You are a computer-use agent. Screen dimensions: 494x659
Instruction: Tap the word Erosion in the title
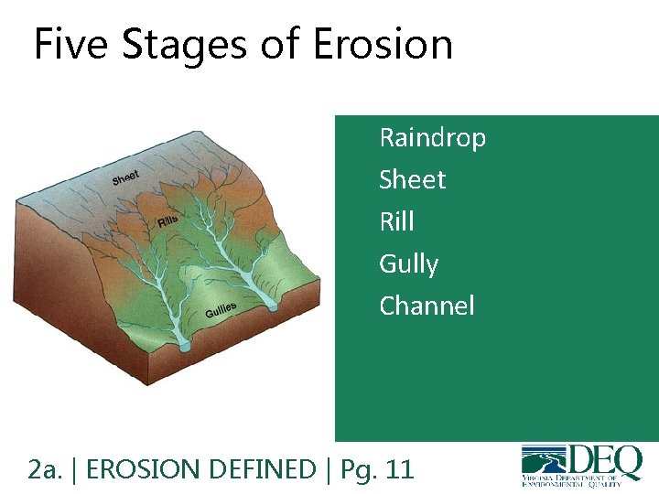tap(383, 44)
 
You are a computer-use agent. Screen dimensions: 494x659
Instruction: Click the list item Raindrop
tap(432, 138)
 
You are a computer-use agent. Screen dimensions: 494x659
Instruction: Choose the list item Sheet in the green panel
tap(412, 180)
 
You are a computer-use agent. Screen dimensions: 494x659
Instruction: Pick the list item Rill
tap(396, 221)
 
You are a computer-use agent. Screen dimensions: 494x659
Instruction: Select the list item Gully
tap(408, 264)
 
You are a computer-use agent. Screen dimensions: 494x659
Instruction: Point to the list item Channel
tap(427, 306)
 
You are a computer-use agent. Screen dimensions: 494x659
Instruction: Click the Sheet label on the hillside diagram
tap(125, 177)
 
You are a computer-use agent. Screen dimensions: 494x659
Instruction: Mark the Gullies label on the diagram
tap(221, 310)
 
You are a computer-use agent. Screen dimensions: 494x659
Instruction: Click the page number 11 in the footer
tap(400, 470)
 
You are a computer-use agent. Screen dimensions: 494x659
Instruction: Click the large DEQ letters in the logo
tap(607, 460)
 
